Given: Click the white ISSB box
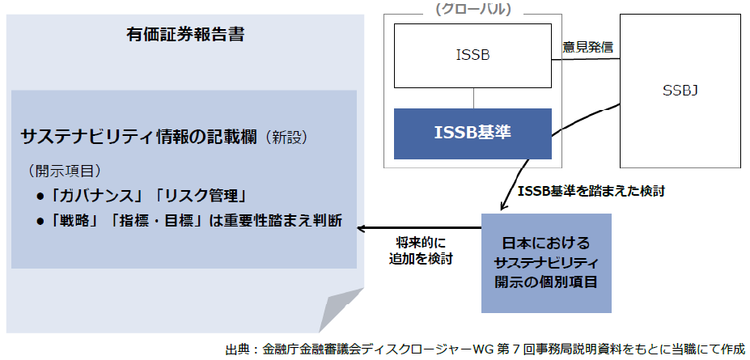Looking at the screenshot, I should pyautogui.click(x=473, y=55).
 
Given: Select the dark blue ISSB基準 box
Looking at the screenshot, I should pyautogui.click(x=473, y=133).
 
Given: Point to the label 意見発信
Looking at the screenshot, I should pyautogui.click(x=587, y=47).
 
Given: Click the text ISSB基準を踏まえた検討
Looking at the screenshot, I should pyautogui.click(x=595, y=193).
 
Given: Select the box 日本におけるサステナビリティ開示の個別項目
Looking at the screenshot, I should pyautogui.click(x=546, y=262).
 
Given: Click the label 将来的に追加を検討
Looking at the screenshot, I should pyautogui.click(x=419, y=251).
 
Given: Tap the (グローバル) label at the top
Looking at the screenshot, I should pyautogui.click(x=473, y=9).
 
